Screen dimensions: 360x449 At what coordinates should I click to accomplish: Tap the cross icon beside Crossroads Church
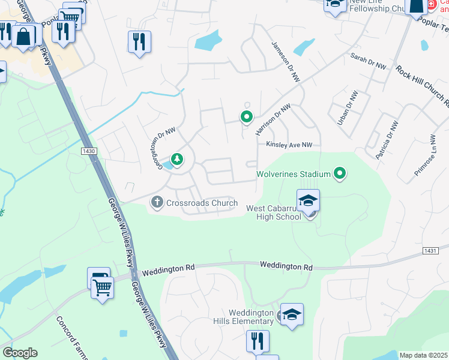(157, 203)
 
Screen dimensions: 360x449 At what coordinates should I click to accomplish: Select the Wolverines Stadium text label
(294, 174)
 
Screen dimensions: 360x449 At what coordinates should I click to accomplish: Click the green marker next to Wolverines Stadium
(340, 174)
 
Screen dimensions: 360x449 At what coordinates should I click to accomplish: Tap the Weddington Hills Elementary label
(252, 317)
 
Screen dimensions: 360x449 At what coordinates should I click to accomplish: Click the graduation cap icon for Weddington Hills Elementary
(292, 314)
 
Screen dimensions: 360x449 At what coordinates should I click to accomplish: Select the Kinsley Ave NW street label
(290, 145)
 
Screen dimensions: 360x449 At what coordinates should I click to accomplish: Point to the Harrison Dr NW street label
(273, 118)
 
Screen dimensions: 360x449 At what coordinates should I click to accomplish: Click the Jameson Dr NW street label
(285, 62)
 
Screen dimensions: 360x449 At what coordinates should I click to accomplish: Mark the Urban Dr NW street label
(343, 107)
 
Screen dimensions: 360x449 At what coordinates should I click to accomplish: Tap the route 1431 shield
(430, 250)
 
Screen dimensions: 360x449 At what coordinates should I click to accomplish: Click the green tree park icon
(177, 159)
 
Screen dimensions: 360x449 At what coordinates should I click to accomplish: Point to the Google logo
(20, 353)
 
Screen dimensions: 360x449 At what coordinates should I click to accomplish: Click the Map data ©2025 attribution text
(424, 355)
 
